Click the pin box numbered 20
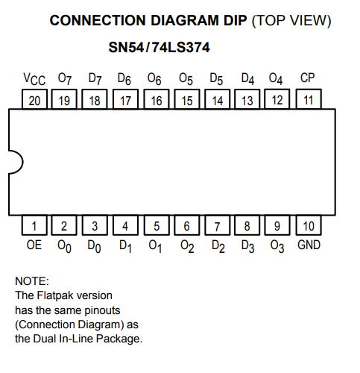(34, 99)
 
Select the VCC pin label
(34, 79)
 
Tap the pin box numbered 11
(309, 99)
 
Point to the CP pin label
(308, 78)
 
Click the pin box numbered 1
(34, 225)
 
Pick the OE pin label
(34, 245)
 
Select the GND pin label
(309, 245)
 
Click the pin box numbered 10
(309, 225)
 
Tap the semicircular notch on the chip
(22, 162)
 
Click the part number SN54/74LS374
(159, 47)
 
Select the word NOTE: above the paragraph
(32, 281)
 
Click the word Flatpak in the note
(55, 295)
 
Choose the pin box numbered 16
(157, 99)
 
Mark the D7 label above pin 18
(95, 79)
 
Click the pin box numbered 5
(157, 225)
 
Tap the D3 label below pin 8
(247, 247)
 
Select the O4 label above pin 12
(276, 79)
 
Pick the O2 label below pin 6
(187, 247)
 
